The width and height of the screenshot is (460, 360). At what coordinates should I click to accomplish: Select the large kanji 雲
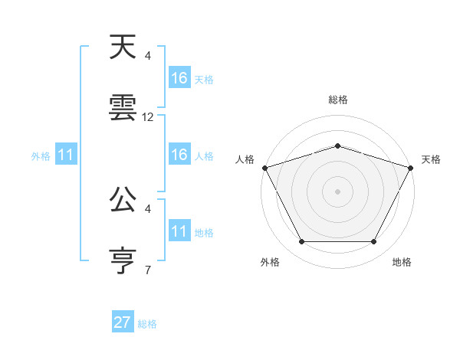pyautogui.click(x=123, y=108)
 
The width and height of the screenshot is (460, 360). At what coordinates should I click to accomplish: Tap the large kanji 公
pyautogui.click(x=123, y=201)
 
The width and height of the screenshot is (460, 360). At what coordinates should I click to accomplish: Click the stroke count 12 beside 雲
pyautogui.click(x=148, y=117)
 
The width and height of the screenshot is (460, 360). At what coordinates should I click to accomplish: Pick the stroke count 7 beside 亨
pyautogui.click(x=148, y=270)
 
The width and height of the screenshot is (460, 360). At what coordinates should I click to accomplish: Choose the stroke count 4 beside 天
pyautogui.click(x=148, y=56)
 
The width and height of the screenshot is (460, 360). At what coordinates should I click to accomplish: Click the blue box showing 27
pyautogui.click(x=123, y=322)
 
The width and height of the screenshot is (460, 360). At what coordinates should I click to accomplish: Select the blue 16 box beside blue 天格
pyautogui.click(x=179, y=78)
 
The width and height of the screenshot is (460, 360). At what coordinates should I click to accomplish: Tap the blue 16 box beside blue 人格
pyautogui.click(x=179, y=155)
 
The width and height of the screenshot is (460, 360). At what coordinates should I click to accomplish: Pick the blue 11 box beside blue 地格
pyautogui.click(x=179, y=231)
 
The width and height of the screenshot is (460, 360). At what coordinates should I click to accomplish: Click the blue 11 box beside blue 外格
pyautogui.click(x=66, y=155)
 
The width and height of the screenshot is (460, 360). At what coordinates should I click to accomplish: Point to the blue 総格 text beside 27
pyautogui.click(x=147, y=324)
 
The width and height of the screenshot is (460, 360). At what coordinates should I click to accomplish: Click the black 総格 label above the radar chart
pyautogui.click(x=337, y=100)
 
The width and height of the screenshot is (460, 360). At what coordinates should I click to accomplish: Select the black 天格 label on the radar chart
pyautogui.click(x=431, y=159)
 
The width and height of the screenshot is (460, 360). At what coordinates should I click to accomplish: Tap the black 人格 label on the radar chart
pyautogui.click(x=245, y=159)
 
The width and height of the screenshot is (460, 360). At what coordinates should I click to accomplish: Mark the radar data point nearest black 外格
pyautogui.click(x=301, y=242)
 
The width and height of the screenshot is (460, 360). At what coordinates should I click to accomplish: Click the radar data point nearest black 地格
pyautogui.click(x=373, y=242)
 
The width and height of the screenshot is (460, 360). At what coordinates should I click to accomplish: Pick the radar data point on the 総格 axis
pyautogui.click(x=337, y=146)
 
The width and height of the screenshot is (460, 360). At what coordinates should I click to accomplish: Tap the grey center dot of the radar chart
pyautogui.click(x=337, y=191)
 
